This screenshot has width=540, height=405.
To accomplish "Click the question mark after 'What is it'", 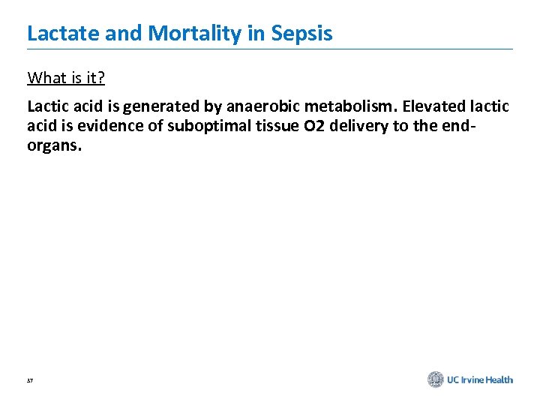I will (x=101, y=78).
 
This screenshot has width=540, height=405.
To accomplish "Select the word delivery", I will (x=337, y=126).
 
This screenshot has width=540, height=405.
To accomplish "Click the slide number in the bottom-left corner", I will (x=31, y=381).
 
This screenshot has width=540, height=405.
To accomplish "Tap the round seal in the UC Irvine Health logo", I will (x=436, y=379).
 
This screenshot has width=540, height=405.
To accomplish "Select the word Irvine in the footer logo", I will (x=473, y=380).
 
